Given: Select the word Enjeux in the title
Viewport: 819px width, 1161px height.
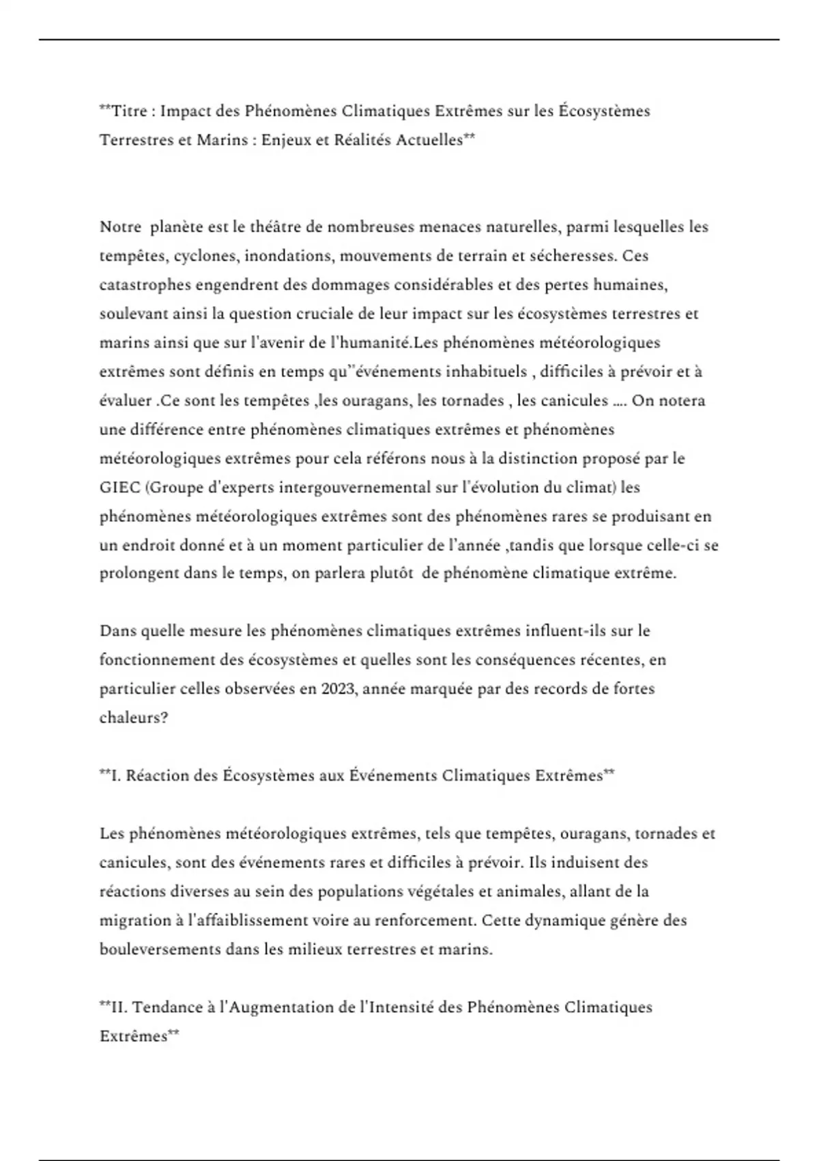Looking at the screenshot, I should click(x=286, y=140).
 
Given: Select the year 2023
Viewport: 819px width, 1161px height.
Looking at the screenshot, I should click(x=337, y=688).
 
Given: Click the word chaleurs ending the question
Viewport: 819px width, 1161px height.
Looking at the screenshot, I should click(x=130, y=718).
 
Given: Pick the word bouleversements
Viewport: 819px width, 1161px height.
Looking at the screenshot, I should click(x=155, y=949).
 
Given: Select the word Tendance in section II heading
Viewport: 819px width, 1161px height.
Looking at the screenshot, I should click(x=164, y=1007).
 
